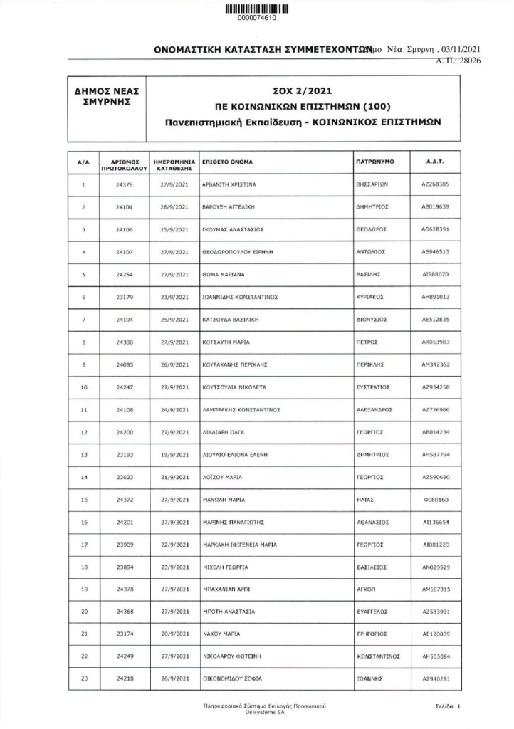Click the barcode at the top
[x=257, y=9]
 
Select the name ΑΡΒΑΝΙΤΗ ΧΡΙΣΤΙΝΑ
[x=229, y=185]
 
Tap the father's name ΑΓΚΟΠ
[x=365, y=589]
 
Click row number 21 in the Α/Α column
[x=84, y=634]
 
